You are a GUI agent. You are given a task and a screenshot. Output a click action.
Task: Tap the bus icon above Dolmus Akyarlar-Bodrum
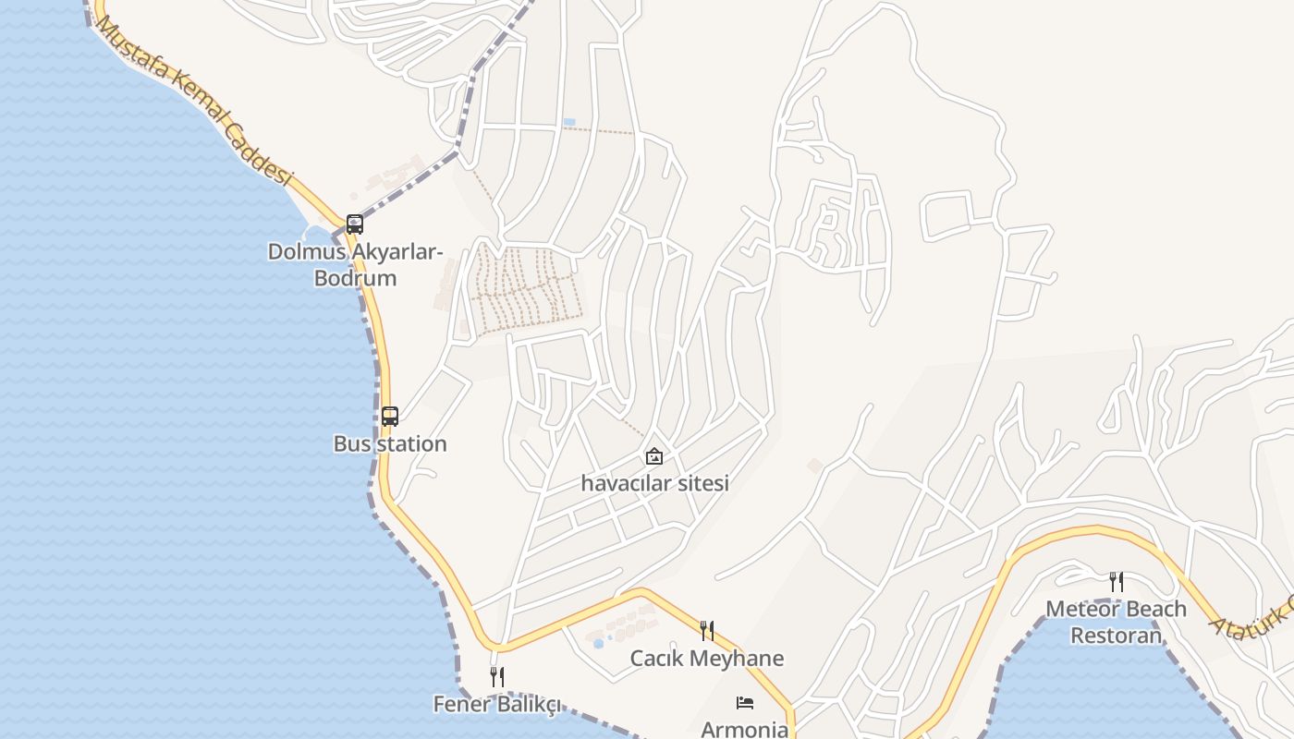[355, 224]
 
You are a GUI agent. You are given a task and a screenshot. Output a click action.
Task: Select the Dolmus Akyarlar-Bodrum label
[356, 264]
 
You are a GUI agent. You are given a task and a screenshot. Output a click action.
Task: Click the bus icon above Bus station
[390, 416]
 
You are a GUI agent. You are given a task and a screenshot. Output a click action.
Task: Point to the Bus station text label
[390, 443]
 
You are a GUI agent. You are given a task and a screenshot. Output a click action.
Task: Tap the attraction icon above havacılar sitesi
[654, 455]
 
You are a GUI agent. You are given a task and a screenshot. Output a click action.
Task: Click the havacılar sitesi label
[654, 482]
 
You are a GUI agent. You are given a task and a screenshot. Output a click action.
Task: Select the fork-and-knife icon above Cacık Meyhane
[706, 631]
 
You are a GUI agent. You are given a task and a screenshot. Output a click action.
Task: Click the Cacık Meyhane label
[706, 659]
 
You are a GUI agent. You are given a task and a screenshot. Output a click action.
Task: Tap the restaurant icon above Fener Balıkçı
[497, 677]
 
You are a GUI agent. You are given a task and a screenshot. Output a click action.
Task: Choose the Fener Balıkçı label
[497, 704]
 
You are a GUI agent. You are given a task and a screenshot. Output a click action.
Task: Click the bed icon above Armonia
[745, 703]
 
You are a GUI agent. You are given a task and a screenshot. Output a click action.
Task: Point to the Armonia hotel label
[745, 729]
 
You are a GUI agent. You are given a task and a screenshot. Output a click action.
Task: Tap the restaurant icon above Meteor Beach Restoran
[1117, 581]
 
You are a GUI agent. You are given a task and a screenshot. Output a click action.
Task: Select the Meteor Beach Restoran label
[1117, 622]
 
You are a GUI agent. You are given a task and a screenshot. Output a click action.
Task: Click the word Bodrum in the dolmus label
[356, 278]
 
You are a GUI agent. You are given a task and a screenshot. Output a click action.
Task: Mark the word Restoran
[1117, 636]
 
